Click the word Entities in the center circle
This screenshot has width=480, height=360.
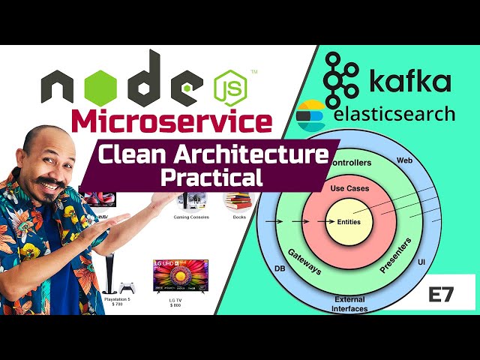[x=349, y=222]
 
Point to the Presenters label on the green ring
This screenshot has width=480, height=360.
[x=396, y=255]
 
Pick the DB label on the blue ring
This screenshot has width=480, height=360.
[x=280, y=268]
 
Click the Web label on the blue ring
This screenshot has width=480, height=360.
[x=405, y=159]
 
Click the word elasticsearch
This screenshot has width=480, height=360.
[x=394, y=114]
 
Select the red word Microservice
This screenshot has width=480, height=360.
[x=172, y=121]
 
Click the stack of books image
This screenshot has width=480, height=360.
[x=239, y=200]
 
